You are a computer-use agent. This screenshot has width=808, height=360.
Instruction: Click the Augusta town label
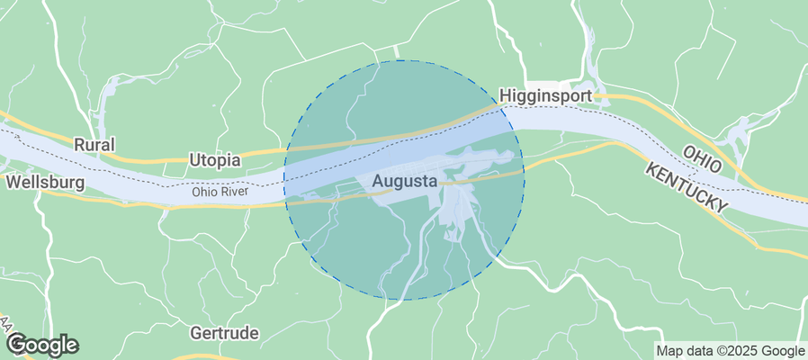pyautogui.click(x=404, y=181)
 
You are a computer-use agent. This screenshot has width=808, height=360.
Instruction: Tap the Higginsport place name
pyautogui.click(x=544, y=95)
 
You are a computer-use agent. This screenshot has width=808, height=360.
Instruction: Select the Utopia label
pyautogui.click(x=215, y=160)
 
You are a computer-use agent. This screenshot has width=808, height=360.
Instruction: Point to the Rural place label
pyautogui.click(x=94, y=144)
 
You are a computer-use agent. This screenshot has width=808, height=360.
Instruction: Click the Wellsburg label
pyautogui.click(x=45, y=183)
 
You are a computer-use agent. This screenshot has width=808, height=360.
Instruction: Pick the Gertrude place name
pyautogui.click(x=225, y=332)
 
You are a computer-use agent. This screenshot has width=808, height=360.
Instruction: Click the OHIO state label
pyautogui.click(x=703, y=159)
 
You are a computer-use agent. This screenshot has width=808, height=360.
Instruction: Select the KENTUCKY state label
pyautogui.click(x=686, y=189)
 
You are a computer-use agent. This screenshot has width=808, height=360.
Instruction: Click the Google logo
pyautogui.click(x=42, y=344)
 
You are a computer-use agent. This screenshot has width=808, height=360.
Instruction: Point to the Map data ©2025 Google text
pyautogui.click(x=730, y=351)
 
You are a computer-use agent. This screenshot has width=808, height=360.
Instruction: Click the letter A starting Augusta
pyautogui.click(x=376, y=181)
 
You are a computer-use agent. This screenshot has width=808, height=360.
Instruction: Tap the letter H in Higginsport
pyautogui.click(x=505, y=95)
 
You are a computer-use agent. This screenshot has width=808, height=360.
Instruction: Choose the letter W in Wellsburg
pyautogui.click(x=13, y=183)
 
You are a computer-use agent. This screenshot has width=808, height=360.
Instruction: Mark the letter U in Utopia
pyautogui.click(x=194, y=160)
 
